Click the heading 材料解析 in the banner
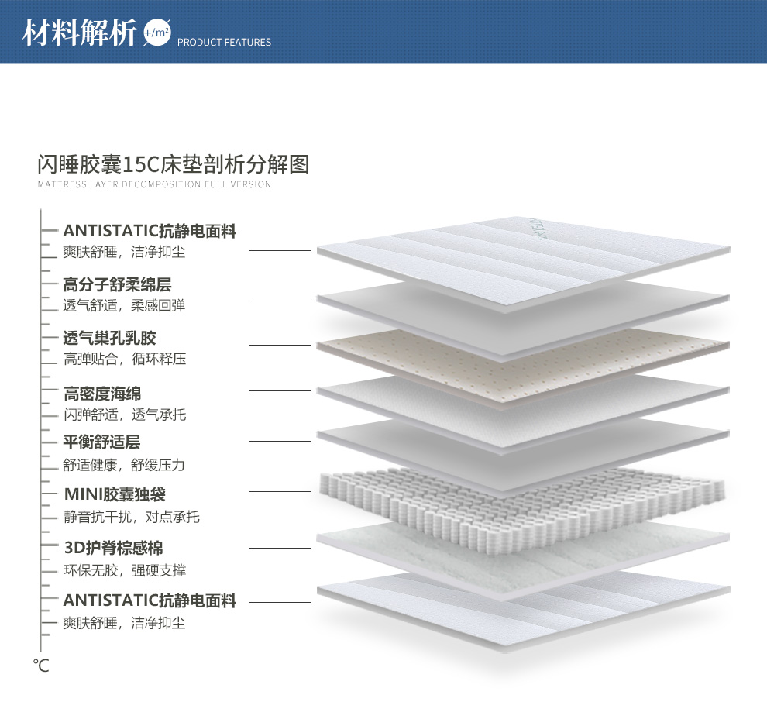pyautogui.click(x=80, y=33)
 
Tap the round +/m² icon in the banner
pyautogui.click(x=156, y=33)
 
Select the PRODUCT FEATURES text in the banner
pyautogui.click(x=224, y=43)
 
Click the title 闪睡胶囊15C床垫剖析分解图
pyautogui.click(x=174, y=164)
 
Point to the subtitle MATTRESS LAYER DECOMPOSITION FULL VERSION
pyautogui.click(x=154, y=184)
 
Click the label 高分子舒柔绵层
pyautogui.click(x=117, y=285)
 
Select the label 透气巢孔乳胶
pyautogui.click(x=109, y=338)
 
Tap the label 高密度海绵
pyautogui.click(x=102, y=394)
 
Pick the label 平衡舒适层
pyautogui.click(x=101, y=442)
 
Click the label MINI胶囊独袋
pyautogui.click(x=115, y=494)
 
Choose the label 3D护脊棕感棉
pyautogui.click(x=113, y=549)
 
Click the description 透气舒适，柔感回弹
pyautogui.click(x=124, y=305)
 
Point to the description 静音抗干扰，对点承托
pyautogui.click(x=131, y=516)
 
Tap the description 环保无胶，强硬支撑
pyautogui.click(x=124, y=570)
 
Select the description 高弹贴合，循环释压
pyautogui.click(x=124, y=359)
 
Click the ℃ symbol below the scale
pyautogui.click(x=41, y=665)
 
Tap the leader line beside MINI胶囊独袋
pyautogui.click(x=280, y=491)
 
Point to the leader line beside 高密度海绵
pyautogui.click(x=280, y=390)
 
